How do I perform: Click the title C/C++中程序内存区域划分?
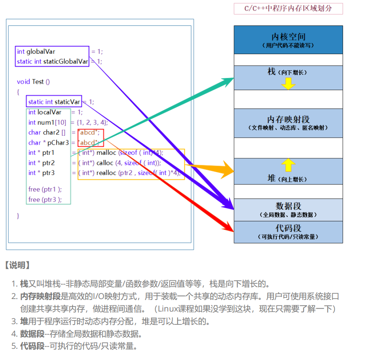(x=288, y=8)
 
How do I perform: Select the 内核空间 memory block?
(x=288, y=40)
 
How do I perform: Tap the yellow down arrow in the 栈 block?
(x=288, y=83)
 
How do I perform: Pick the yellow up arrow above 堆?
(x=288, y=165)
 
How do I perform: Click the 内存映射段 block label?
(x=288, y=120)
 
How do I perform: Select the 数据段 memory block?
(x=288, y=209)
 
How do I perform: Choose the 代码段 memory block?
(x=288, y=232)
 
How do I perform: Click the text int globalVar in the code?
(x=36, y=52)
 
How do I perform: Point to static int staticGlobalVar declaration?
(x=52, y=62)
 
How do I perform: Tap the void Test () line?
(x=33, y=82)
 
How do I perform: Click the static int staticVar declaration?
(x=54, y=102)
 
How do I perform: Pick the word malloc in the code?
(x=106, y=153)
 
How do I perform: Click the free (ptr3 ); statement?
(x=45, y=200)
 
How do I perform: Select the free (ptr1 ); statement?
(x=45, y=189)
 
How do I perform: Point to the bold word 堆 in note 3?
(x=24, y=322)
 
